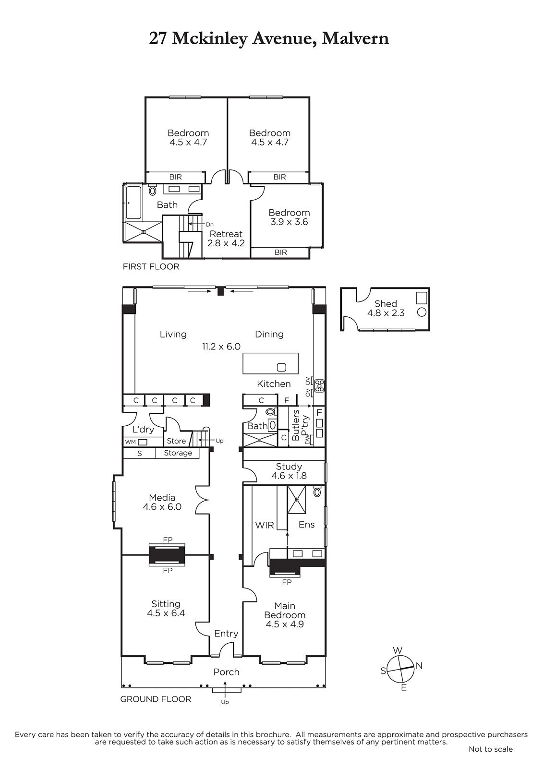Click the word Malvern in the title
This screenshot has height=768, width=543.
(355, 38)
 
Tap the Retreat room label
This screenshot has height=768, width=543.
(226, 234)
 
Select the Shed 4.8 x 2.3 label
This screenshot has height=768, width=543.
(386, 308)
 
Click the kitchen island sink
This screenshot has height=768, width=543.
(281, 367)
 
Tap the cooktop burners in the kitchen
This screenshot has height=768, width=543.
(319, 386)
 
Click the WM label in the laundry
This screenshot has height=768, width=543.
(130, 442)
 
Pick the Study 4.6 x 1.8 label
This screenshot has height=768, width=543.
(289, 471)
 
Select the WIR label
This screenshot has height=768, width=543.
(264, 525)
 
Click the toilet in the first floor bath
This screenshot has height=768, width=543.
(152, 190)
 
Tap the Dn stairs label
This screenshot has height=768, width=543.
(210, 225)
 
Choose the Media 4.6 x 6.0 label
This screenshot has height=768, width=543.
(162, 502)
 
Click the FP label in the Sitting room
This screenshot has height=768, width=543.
(168, 570)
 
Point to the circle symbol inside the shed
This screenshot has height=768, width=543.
(422, 312)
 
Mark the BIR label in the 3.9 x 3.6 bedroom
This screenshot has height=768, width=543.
(280, 252)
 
